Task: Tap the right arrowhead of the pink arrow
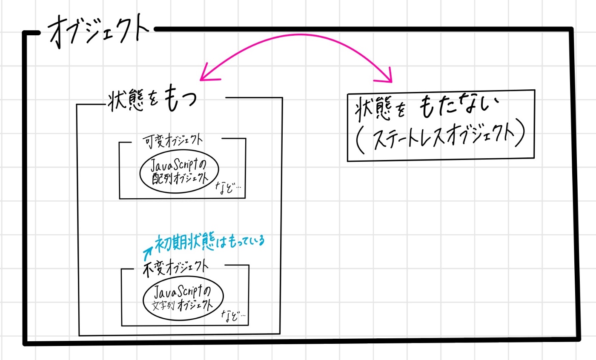[x=385, y=77]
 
